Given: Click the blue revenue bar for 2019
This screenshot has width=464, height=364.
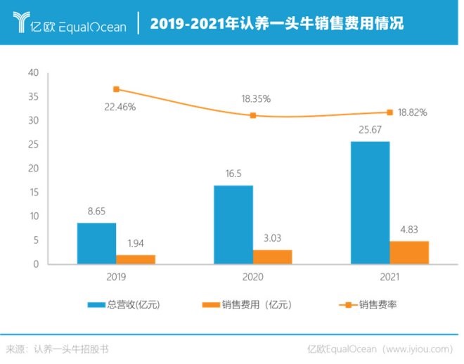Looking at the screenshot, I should pos(96,243).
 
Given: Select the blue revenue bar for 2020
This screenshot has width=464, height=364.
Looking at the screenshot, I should pos(233,224).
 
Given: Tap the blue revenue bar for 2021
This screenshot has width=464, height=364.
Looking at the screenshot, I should pos(370,202).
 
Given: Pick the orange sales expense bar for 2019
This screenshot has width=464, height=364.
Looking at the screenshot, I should pos(136,259).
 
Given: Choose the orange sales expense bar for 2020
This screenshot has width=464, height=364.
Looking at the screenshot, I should pos(272,256).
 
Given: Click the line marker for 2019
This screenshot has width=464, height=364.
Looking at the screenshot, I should pos(116,89).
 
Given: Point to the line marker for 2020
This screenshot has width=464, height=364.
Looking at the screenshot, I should pos(253,115).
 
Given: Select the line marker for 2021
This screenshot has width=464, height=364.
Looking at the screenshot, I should pos(389,112).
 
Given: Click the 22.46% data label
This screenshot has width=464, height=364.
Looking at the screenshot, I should pos(118,108).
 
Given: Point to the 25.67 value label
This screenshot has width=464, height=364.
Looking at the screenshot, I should pos(370,131).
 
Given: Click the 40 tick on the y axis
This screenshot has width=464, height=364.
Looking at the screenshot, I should pos(33,73).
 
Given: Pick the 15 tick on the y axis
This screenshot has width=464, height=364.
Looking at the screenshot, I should pos(33,193).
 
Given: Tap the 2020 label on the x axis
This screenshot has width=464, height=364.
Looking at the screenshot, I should pos(253,278).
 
